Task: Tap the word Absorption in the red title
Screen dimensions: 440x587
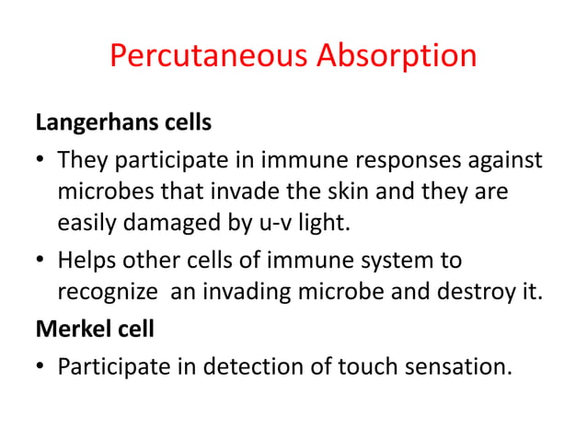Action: click(397, 56)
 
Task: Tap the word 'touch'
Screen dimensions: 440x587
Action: click(360, 368)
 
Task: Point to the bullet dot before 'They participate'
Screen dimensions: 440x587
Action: click(41, 163)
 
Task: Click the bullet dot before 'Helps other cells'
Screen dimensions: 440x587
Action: click(41, 261)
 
